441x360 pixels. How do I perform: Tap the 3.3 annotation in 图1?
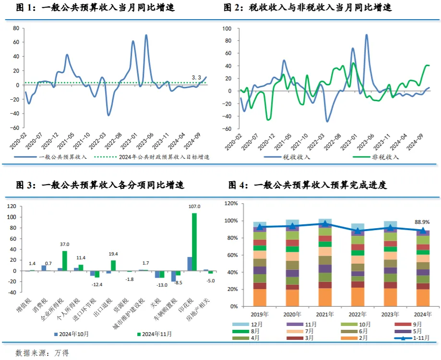(196, 77)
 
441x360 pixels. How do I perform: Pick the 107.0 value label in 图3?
(194, 207)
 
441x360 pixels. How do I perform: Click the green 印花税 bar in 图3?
(194, 242)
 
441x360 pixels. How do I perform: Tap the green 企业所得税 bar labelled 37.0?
(65, 261)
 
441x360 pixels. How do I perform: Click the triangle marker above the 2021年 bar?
(325, 224)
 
